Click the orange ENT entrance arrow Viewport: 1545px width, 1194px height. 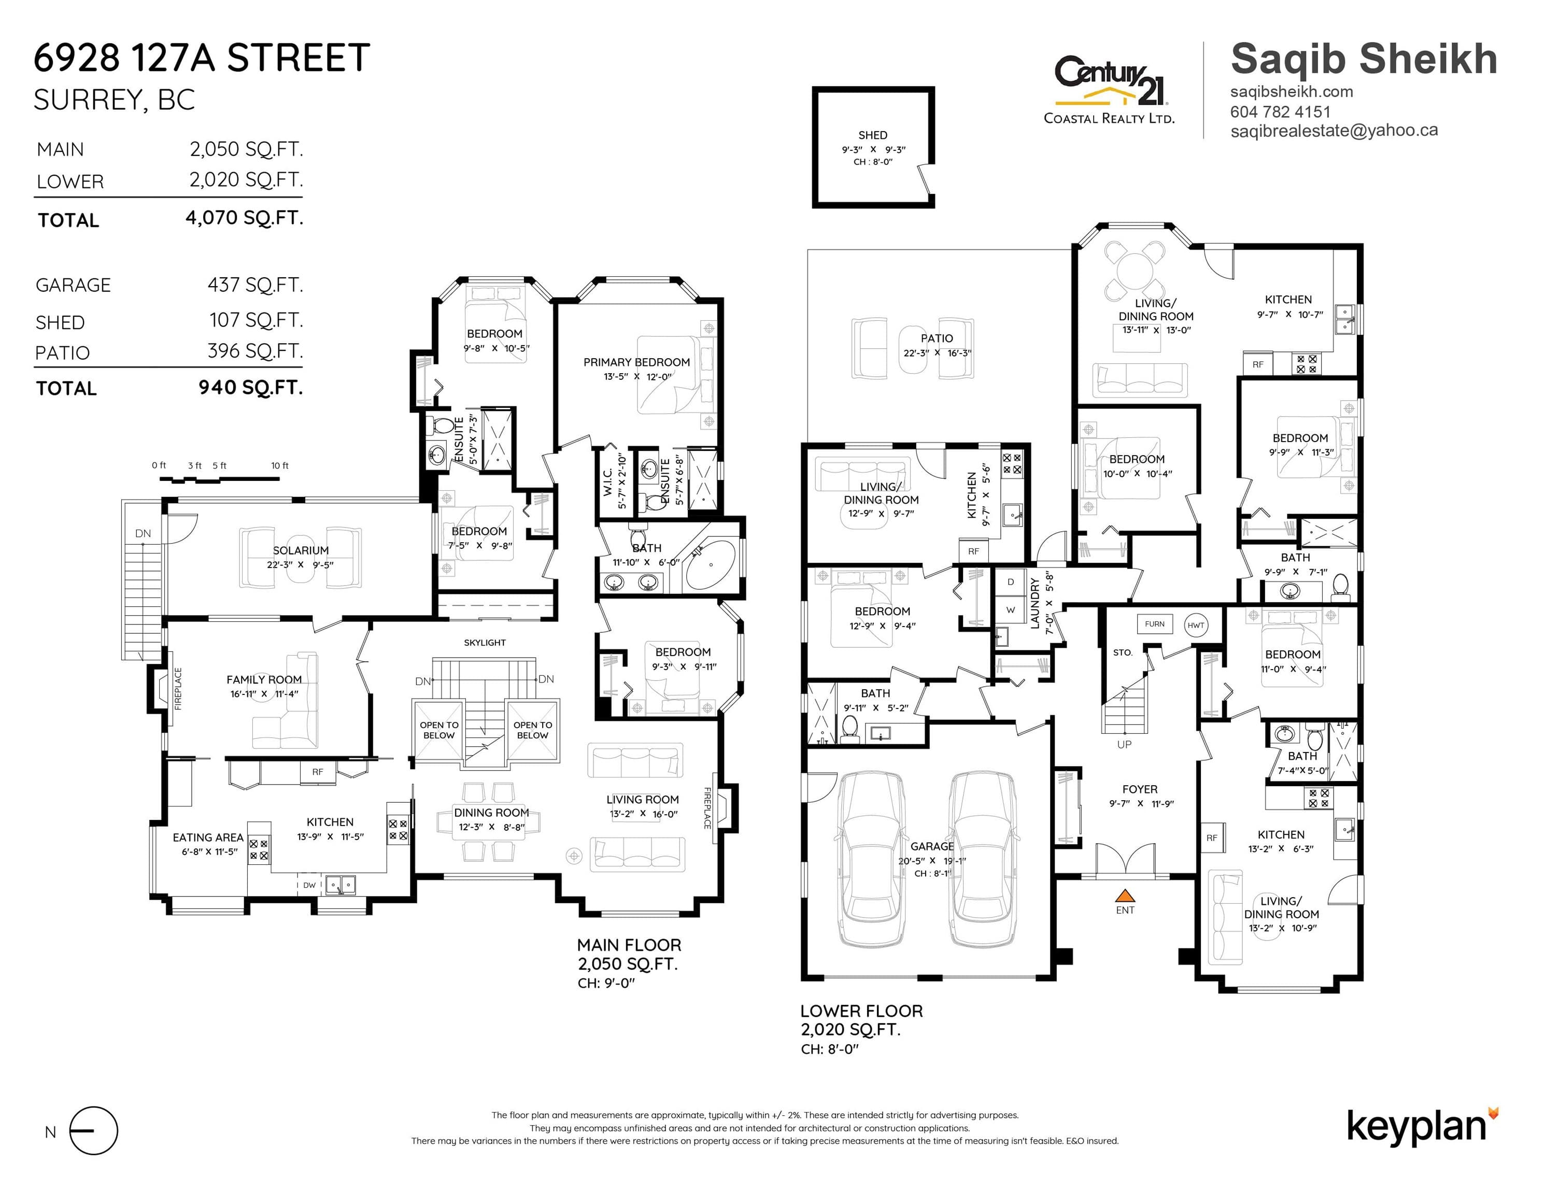tap(1125, 895)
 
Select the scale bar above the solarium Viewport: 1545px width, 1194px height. tap(219, 479)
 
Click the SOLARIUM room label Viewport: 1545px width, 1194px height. tap(301, 550)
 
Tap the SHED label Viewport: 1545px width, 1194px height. tap(873, 135)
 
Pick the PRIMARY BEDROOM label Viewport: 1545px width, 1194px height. tap(636, 362)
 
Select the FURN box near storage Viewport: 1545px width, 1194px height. tap(1155, 624)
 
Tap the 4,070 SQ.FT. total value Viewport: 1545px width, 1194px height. tap(244, 218)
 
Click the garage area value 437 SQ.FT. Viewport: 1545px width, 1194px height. tap(256, 285)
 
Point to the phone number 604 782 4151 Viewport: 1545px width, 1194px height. tap(1281, 112)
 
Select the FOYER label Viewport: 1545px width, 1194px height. tap(1140, 789)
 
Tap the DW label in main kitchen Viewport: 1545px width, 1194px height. tap(309, 885)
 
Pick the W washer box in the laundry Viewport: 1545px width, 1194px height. tap(1010, 610)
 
